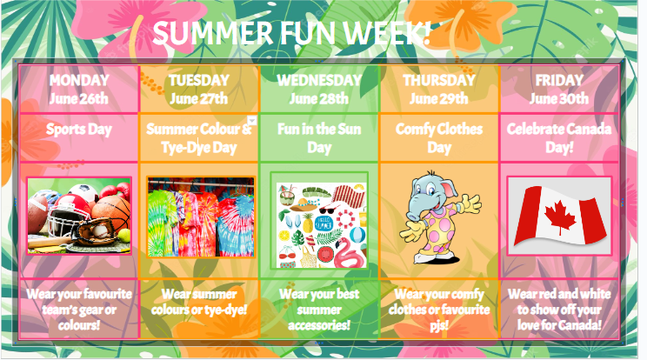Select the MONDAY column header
click(x=79, y=80)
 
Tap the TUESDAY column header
click(x=199, y=80)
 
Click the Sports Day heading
click(x=79, y=130)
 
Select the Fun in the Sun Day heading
click(x=319, y=138)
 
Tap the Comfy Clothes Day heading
click(x=439, y=138)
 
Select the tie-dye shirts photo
click(x=200, y=217)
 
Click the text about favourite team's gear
click(x=79, y=308)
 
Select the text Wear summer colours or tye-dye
click(x=199, y=301)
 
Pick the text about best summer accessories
click(x=319, y=309)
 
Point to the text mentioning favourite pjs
click(x=439, y=309)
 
